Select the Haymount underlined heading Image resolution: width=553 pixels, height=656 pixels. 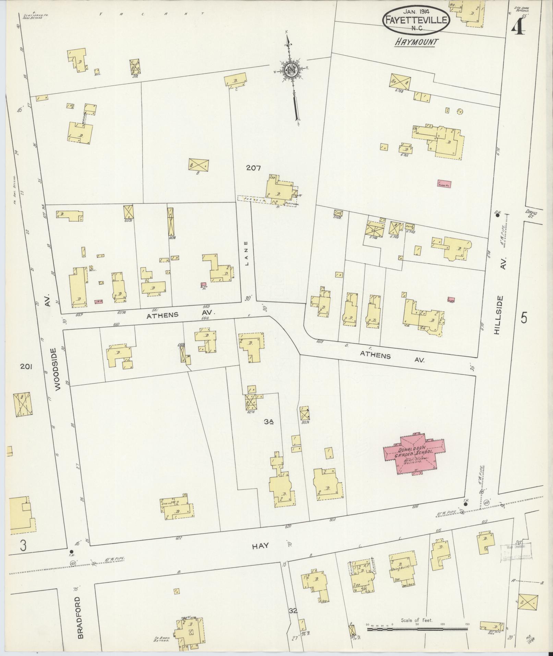click(x=416, y=42)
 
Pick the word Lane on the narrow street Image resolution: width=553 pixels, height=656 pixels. click(x=247, y=258)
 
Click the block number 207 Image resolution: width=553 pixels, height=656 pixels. click(x=253, y=168)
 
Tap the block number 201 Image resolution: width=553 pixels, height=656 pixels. click(x=26, y=367)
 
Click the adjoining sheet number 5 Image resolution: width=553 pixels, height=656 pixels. click(x=524, y=318)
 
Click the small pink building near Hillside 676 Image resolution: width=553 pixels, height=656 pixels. click(x=444, y=184)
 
